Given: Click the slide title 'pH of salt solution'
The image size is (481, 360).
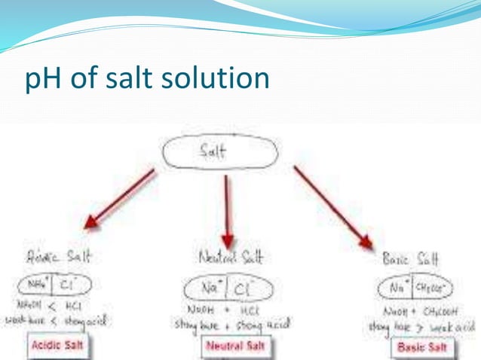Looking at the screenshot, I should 146,78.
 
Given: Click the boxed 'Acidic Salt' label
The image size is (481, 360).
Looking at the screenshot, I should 58,346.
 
